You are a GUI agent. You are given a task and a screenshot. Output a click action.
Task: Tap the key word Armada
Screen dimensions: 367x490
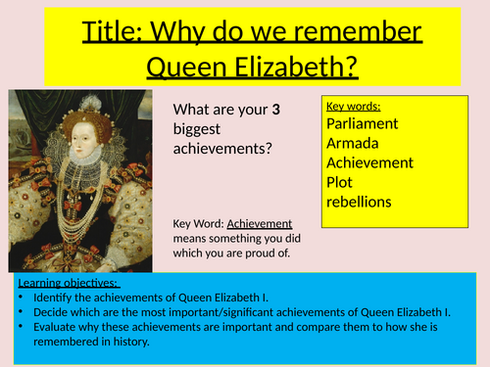[353, 143]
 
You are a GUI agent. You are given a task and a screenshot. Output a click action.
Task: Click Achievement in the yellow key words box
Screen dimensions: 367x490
[369, 162]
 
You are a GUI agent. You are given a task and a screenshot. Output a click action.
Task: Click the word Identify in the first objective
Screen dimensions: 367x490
[53, 297]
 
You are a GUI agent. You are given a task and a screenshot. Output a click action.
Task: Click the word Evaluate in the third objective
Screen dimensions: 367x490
[56, 328]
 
